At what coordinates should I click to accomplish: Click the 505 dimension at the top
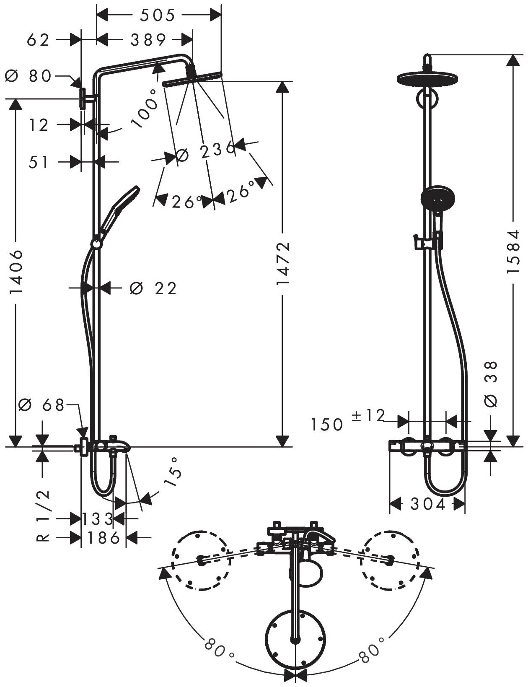point(158,16)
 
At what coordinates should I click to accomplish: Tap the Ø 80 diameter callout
point(28,76)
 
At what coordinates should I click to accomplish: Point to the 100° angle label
point(143,108)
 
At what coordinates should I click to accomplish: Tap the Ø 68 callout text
point(41,405)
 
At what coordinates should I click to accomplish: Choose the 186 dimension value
point(103,537)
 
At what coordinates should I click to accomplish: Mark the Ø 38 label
point(490,384)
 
